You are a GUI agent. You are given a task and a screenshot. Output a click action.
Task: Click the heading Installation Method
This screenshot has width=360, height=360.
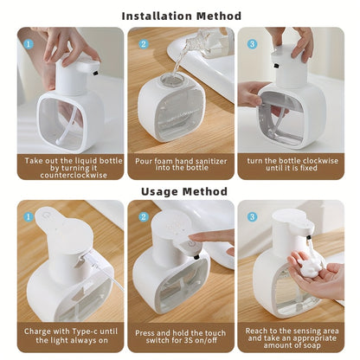(181, 15)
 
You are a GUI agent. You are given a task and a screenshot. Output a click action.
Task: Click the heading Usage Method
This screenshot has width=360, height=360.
(181, 191)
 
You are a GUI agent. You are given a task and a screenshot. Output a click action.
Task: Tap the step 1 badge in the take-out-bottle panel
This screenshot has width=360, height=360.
(29, 42)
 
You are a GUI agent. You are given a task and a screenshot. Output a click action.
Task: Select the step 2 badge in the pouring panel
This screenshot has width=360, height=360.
(142, 42)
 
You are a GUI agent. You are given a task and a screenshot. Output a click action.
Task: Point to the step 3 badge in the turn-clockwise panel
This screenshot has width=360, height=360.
(253, 42)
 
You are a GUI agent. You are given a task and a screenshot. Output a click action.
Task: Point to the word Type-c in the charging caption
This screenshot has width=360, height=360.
(84, 329)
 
